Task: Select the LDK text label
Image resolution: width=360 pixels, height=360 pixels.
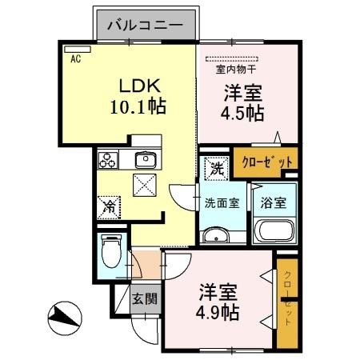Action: click(x=142, y=86)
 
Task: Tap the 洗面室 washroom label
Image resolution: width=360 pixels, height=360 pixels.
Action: click(x=221, y=202)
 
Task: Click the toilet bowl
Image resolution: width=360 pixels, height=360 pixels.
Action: click(x=111, y=254)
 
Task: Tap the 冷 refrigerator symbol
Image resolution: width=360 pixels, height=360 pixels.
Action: click(x=109, y=206)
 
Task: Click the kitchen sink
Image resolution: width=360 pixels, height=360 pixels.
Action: click(x=146, y=158)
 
